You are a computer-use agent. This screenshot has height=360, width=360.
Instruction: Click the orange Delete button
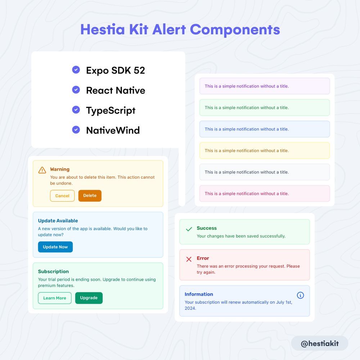[90, 195]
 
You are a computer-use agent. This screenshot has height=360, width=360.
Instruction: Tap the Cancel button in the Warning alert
[62, 195]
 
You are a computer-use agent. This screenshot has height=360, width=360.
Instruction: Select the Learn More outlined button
[55, 298]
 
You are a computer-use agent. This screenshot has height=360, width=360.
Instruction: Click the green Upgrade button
[89, 298]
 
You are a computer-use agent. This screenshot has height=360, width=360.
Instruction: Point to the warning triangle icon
[42, 170]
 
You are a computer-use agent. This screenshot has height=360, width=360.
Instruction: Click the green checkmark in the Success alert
[189, 229]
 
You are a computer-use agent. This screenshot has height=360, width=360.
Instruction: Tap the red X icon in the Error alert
[189, 259]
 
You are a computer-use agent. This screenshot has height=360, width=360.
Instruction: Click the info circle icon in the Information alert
[300, 295]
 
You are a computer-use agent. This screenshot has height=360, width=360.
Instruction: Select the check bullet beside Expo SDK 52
[76, 69]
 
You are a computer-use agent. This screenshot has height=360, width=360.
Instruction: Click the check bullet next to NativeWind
[76, 130]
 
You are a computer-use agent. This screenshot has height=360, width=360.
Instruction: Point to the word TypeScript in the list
[111, 111]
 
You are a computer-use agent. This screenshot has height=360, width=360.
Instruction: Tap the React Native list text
[116, 90]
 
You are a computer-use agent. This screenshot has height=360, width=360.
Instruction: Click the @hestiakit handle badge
[320, 343]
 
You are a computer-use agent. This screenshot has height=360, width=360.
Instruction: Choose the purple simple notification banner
[265, 86]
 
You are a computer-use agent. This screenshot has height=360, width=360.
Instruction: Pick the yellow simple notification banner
[265, 150]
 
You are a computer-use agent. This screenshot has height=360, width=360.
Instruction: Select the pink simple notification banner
[265, 194]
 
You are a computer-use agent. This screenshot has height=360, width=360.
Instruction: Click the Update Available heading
[58, 221]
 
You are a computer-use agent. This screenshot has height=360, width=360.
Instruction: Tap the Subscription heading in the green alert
[53, 271]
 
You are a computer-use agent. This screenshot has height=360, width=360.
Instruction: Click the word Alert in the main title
[169, 30]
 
